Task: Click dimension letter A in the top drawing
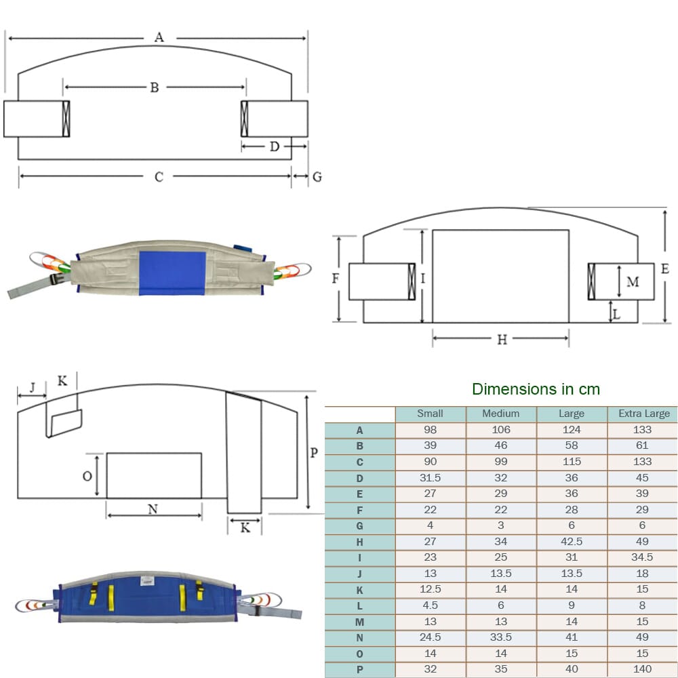[159, 37]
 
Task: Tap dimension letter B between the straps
[155, 87]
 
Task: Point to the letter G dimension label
[317, 177]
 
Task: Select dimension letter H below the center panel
[502, 340]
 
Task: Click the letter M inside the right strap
[633, 282]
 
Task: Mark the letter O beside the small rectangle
[87, 476]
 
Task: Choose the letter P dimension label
[314, 453]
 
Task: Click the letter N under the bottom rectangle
[153, 509]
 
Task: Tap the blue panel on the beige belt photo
[172, 273]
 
